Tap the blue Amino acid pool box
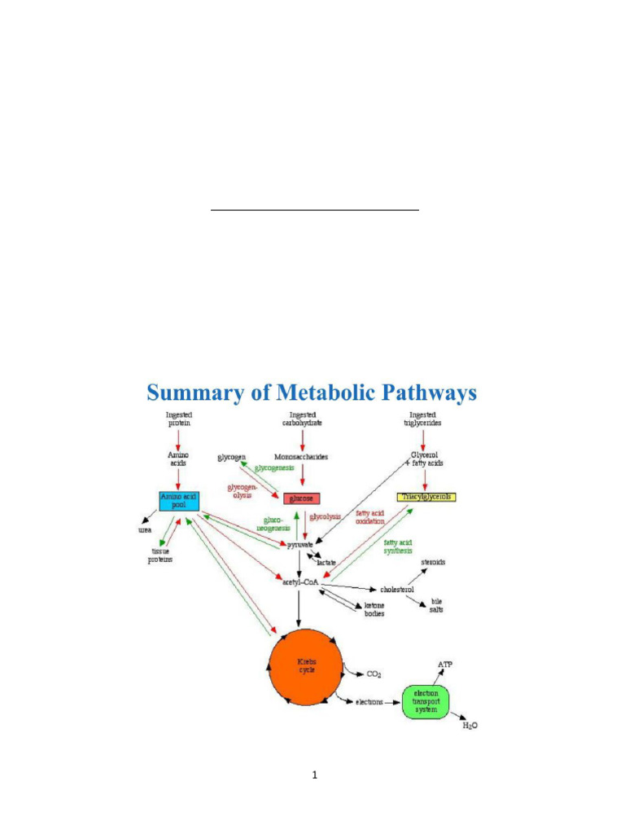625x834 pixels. (x=179, y=500)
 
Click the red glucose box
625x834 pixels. (x=300, y=498)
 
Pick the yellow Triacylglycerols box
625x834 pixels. (x=426, y=496)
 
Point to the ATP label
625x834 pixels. (x=446, y=665)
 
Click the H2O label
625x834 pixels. (x=470, y=726)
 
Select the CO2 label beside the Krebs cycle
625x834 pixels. (x=374, y=674)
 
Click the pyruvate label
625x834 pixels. (x=299, y=544)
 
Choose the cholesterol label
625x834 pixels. (x=397, y=589)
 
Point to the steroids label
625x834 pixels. (x=432, y=562)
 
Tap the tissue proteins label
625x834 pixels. (x=160, y=555)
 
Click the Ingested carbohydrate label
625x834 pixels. (x=303, y=419)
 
